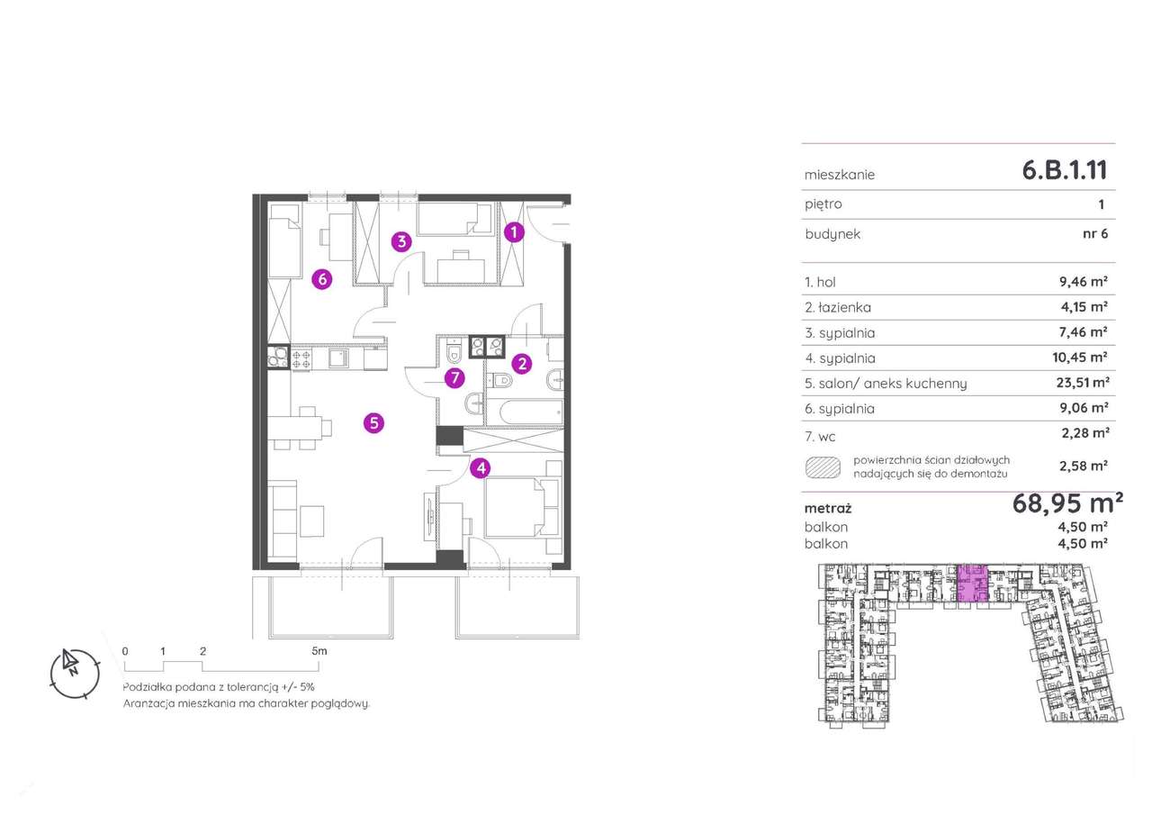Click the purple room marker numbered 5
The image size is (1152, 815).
(x=373, y=423)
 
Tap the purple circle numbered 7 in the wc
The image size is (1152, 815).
(x=454, y=378)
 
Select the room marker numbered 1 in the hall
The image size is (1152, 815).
(x=514, y=232)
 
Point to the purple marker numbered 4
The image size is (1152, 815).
(x=481, y=468)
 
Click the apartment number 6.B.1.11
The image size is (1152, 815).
(x=1065, y=170)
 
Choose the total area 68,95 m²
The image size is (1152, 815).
(x=1067, y=503)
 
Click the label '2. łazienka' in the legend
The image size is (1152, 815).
(x=838, y=307)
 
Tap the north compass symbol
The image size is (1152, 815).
(x=75, y=673)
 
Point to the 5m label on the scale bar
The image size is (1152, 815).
(x=319, y=651)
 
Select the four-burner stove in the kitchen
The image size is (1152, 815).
(x=301, y=358)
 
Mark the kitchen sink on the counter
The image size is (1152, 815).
(x=338, y=358)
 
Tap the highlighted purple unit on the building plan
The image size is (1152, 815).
(x=973, y=583)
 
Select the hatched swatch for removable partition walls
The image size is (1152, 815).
(x=823, y=467)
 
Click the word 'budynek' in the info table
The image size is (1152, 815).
(x=832, y=234)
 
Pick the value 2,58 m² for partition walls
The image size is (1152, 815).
(x=1083, y=466)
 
